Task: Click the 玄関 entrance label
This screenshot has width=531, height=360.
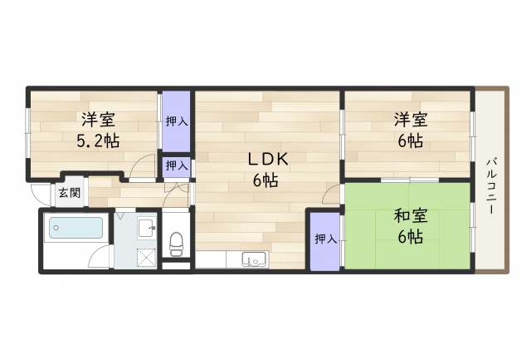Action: (x=70, y=193)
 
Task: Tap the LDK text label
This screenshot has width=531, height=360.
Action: (x=268, y=159)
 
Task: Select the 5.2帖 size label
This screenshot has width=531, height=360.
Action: (x=98, y=141)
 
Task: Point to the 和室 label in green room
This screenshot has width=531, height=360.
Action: (x=411, y=216)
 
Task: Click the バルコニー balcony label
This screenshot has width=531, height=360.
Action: (x=491, y=186)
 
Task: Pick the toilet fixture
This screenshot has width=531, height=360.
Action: (x=176, y=244)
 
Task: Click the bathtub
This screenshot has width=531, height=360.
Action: (x=76, y=228)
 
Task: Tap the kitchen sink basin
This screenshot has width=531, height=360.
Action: (x=255, y=259)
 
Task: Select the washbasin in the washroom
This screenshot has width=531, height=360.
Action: (x=147, y=229)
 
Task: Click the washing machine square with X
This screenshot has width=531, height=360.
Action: (x=147, y=258)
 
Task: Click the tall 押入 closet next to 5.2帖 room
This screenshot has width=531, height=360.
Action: (x=176, y=121)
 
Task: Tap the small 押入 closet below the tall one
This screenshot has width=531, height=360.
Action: (x=176, y=166)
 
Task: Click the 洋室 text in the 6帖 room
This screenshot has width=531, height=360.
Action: (x=411, y=120)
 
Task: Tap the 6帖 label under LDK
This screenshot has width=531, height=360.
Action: (x=265, y=180)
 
